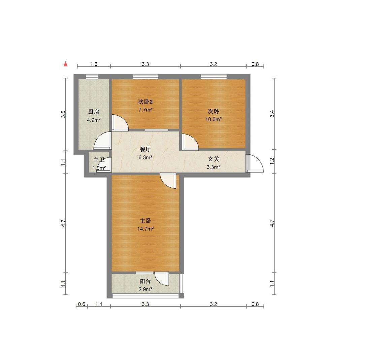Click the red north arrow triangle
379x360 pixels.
coord(65,64)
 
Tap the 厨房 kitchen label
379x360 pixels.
coord(94,112)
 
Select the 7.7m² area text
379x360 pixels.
coord(145,110)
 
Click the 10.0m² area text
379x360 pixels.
coord(214,119)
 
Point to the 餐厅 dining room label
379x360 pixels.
coord(145,149)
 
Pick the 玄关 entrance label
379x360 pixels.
coord(214,159)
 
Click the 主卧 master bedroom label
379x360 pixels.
coord(145,221)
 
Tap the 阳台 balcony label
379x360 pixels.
coord(145,281)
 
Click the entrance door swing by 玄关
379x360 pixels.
coord(255,163)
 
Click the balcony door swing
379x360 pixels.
coord(162,279)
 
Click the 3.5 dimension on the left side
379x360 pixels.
coord(63,114)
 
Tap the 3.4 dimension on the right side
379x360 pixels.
coord(272,113)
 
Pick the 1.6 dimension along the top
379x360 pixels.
coord(94,64)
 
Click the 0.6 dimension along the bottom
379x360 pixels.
coord(82,304)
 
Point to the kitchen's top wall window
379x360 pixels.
coord(92,77)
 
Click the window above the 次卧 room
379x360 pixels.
coord(214,77)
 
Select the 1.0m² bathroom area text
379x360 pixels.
coord(99,168)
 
